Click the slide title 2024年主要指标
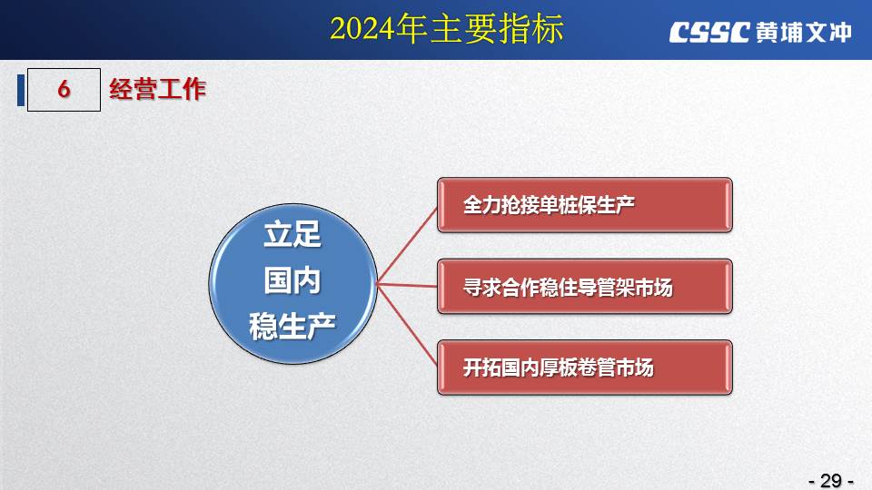(447, 29)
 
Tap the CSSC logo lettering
(709, 33)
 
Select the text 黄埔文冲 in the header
(804, 33)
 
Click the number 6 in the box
(64, 89)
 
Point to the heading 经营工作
(157, 90)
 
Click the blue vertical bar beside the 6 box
(21, 90)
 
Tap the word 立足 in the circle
(292, 234)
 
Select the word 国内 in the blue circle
(292, 280)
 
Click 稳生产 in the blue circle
(292, 326)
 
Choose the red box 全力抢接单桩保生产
(585, 205)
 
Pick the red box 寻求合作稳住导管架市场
(585, 286)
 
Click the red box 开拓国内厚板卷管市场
(585, 367)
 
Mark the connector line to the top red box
(407, 245)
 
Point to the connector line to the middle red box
(407, 285)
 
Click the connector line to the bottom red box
(407, 325)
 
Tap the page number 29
(831, 480)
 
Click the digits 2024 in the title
(362, 29)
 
